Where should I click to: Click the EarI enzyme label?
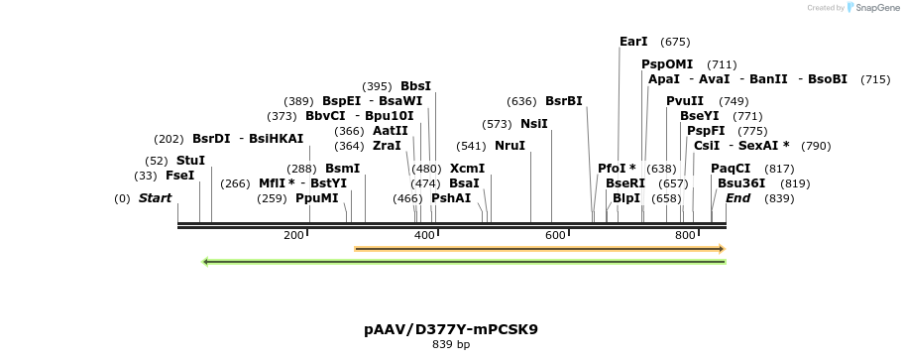[x=633, y=42]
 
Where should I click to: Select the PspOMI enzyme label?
[x=667, y=64]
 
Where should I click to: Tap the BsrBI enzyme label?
[x=564, y=101]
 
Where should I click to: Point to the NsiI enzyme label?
[x=534, y=124]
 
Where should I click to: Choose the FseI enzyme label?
[x=180, y=176]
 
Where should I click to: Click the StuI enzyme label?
[x=191, y=161]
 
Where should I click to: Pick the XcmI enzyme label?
[x=467, y=169]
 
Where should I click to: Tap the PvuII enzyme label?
[x=685, y=101]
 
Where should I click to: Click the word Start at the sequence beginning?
[x=155, y=198]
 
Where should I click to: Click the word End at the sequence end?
[x=738, y=198]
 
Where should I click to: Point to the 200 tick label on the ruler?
[x=293, y=235]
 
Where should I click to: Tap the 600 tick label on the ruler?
[x=555, y=235]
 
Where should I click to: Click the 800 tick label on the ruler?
[x=685, y=235]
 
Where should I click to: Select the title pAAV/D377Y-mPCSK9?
[x=451, y=328]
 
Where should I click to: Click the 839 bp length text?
[x=451, y=345]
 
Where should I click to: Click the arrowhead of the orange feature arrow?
[x=723, y=248]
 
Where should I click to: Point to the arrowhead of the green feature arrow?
[x=205, y=262]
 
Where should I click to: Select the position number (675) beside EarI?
[x=675, y=42]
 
